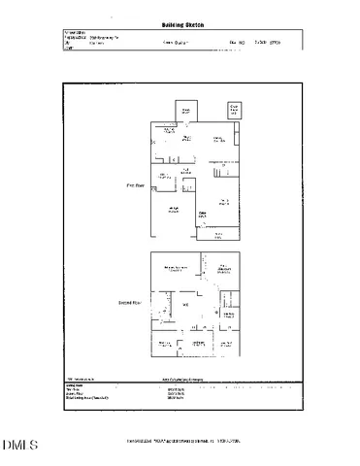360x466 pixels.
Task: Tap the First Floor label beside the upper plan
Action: coord(135,183)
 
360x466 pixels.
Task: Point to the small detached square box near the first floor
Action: coord(234,110)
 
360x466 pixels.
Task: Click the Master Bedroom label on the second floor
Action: coord(175,268)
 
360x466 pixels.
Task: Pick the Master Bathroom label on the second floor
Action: coord(223,269)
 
